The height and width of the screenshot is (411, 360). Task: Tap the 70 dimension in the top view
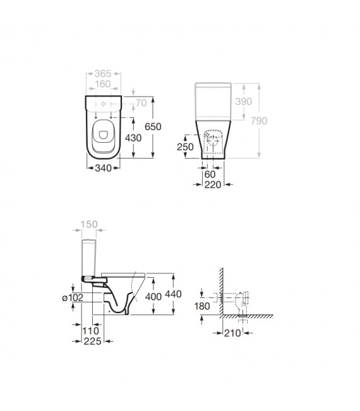(140, 102)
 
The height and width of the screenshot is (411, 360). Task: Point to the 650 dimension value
(153, 126)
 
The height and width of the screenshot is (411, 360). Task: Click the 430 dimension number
(133, 137)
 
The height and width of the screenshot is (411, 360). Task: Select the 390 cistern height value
(243, 102)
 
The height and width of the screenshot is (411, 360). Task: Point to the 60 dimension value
(210, 174)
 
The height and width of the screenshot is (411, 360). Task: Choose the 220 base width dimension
(212, 184)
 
